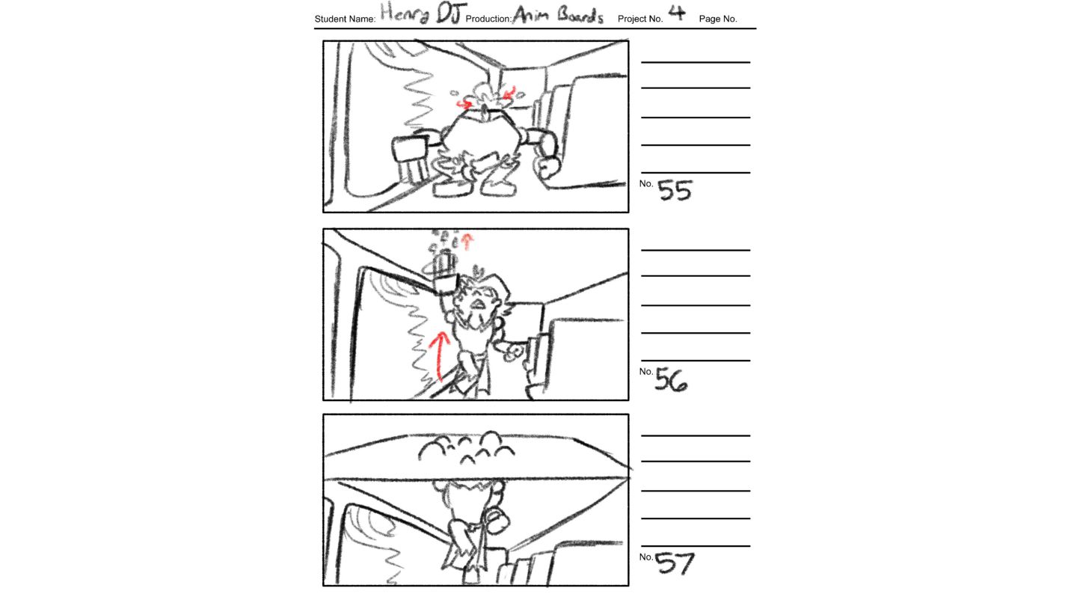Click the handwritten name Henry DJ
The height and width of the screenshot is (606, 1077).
[423, 13]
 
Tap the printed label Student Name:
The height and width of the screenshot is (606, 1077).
[345, 19]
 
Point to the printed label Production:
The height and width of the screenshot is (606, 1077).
[488, 19]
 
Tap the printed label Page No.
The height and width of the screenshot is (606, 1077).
[718, 19]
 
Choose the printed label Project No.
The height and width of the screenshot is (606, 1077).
[640, 19]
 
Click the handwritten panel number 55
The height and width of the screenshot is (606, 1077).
[675, 190]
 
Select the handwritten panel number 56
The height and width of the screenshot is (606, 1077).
[671, 379]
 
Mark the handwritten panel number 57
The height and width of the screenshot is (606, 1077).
[675, 563]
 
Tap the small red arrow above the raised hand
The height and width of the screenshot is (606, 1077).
[467, 242]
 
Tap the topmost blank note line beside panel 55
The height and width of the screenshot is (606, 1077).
[696, 62]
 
